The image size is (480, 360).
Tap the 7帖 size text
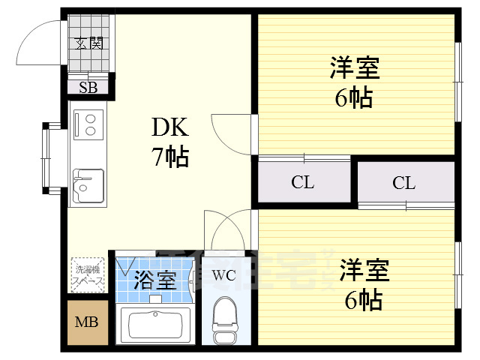point(171,157)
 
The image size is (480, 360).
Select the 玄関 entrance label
point(89,43)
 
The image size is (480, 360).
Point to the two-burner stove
point(89,124)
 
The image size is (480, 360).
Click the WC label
point(224,275)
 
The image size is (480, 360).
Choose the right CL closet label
point(403,182)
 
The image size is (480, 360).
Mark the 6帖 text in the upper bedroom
point(354,97)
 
